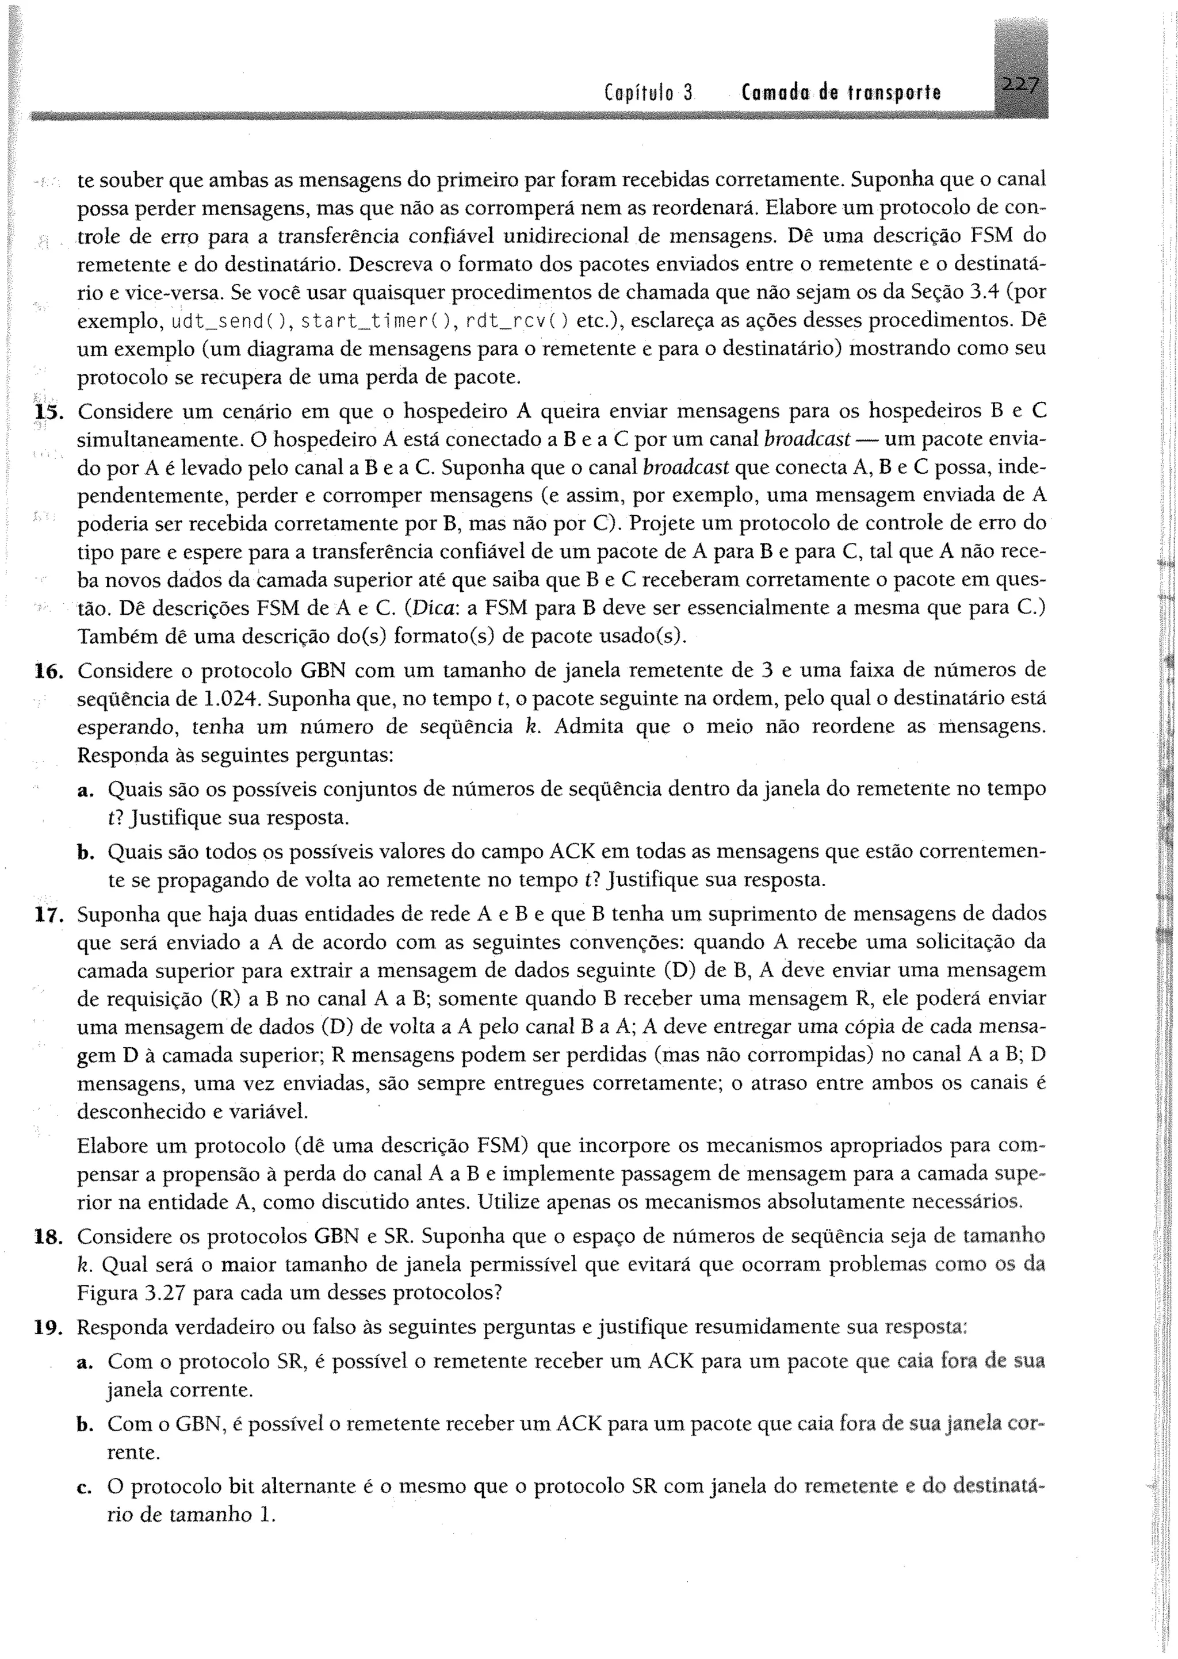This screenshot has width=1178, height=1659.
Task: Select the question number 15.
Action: [47, 412]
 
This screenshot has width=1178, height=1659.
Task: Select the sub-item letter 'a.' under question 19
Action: [86, 1362]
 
